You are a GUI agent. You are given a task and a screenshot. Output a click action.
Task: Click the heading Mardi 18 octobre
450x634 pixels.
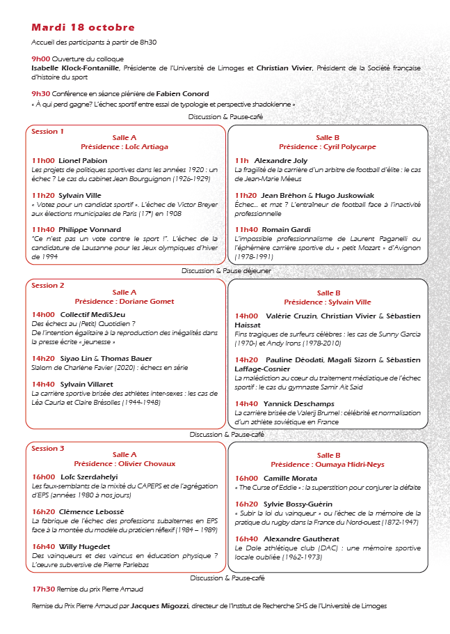[83, 28]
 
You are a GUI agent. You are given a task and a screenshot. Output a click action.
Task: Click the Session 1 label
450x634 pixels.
[48, 131]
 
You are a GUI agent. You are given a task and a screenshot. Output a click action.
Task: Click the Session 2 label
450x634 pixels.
[48, 286]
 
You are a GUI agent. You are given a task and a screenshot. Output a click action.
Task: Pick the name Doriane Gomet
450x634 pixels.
[147, 302]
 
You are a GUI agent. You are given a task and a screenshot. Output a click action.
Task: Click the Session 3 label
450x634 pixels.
[48, 449]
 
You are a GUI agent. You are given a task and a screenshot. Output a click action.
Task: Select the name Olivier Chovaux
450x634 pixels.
[147, 463]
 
